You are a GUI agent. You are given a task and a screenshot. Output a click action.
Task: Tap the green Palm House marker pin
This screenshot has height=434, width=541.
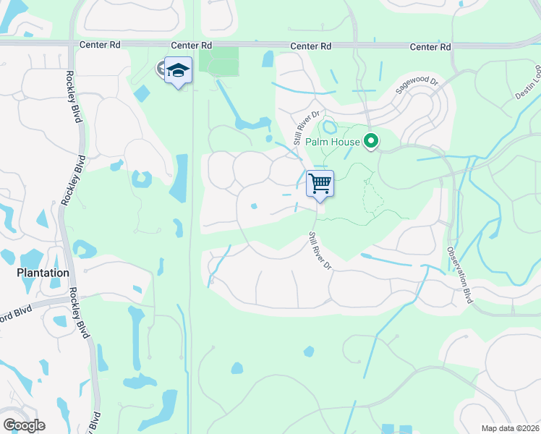tap(372, 140)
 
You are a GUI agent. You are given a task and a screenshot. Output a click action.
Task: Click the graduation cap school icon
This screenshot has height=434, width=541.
tap(178, 71)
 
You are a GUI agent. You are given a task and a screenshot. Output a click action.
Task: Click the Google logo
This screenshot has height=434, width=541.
tap(24, 425)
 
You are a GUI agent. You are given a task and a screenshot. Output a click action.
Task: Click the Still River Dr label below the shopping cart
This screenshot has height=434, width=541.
tap(319, 251)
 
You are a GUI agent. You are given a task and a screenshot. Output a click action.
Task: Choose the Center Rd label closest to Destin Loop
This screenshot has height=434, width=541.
tap(430, 46)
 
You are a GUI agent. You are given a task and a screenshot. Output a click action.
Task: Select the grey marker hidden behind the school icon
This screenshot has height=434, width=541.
tap(162, 69)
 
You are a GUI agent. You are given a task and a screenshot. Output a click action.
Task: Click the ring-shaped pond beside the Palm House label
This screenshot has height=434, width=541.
tap(329, 127)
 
